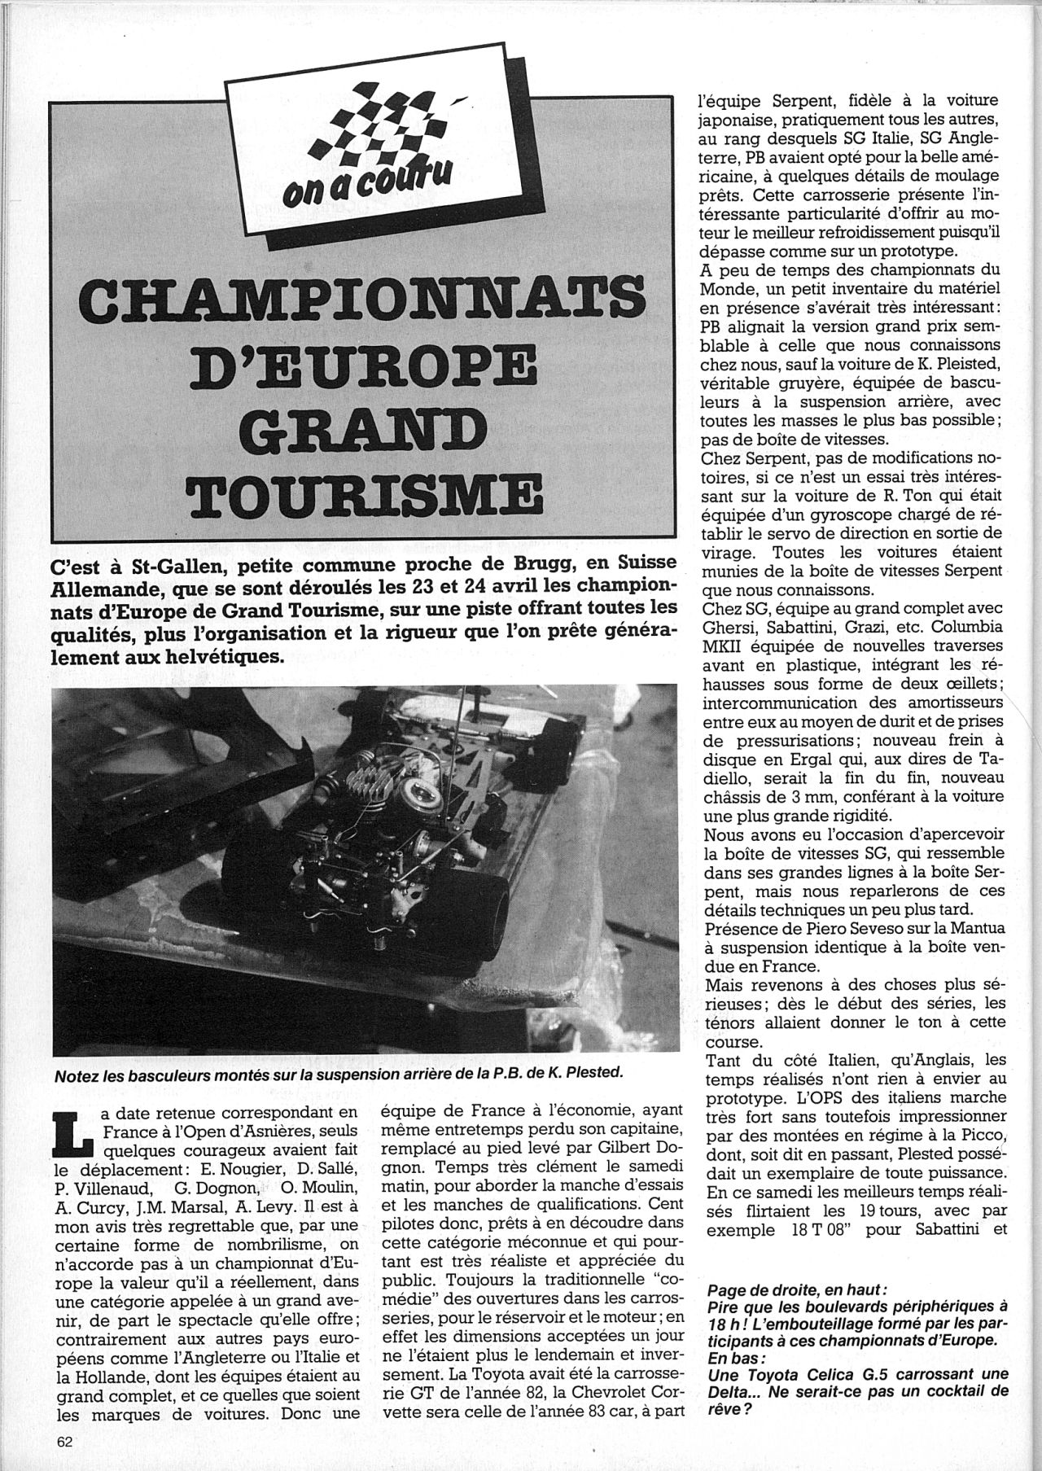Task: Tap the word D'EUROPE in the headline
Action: [365, 371]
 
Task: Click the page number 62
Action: [66, 1440]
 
